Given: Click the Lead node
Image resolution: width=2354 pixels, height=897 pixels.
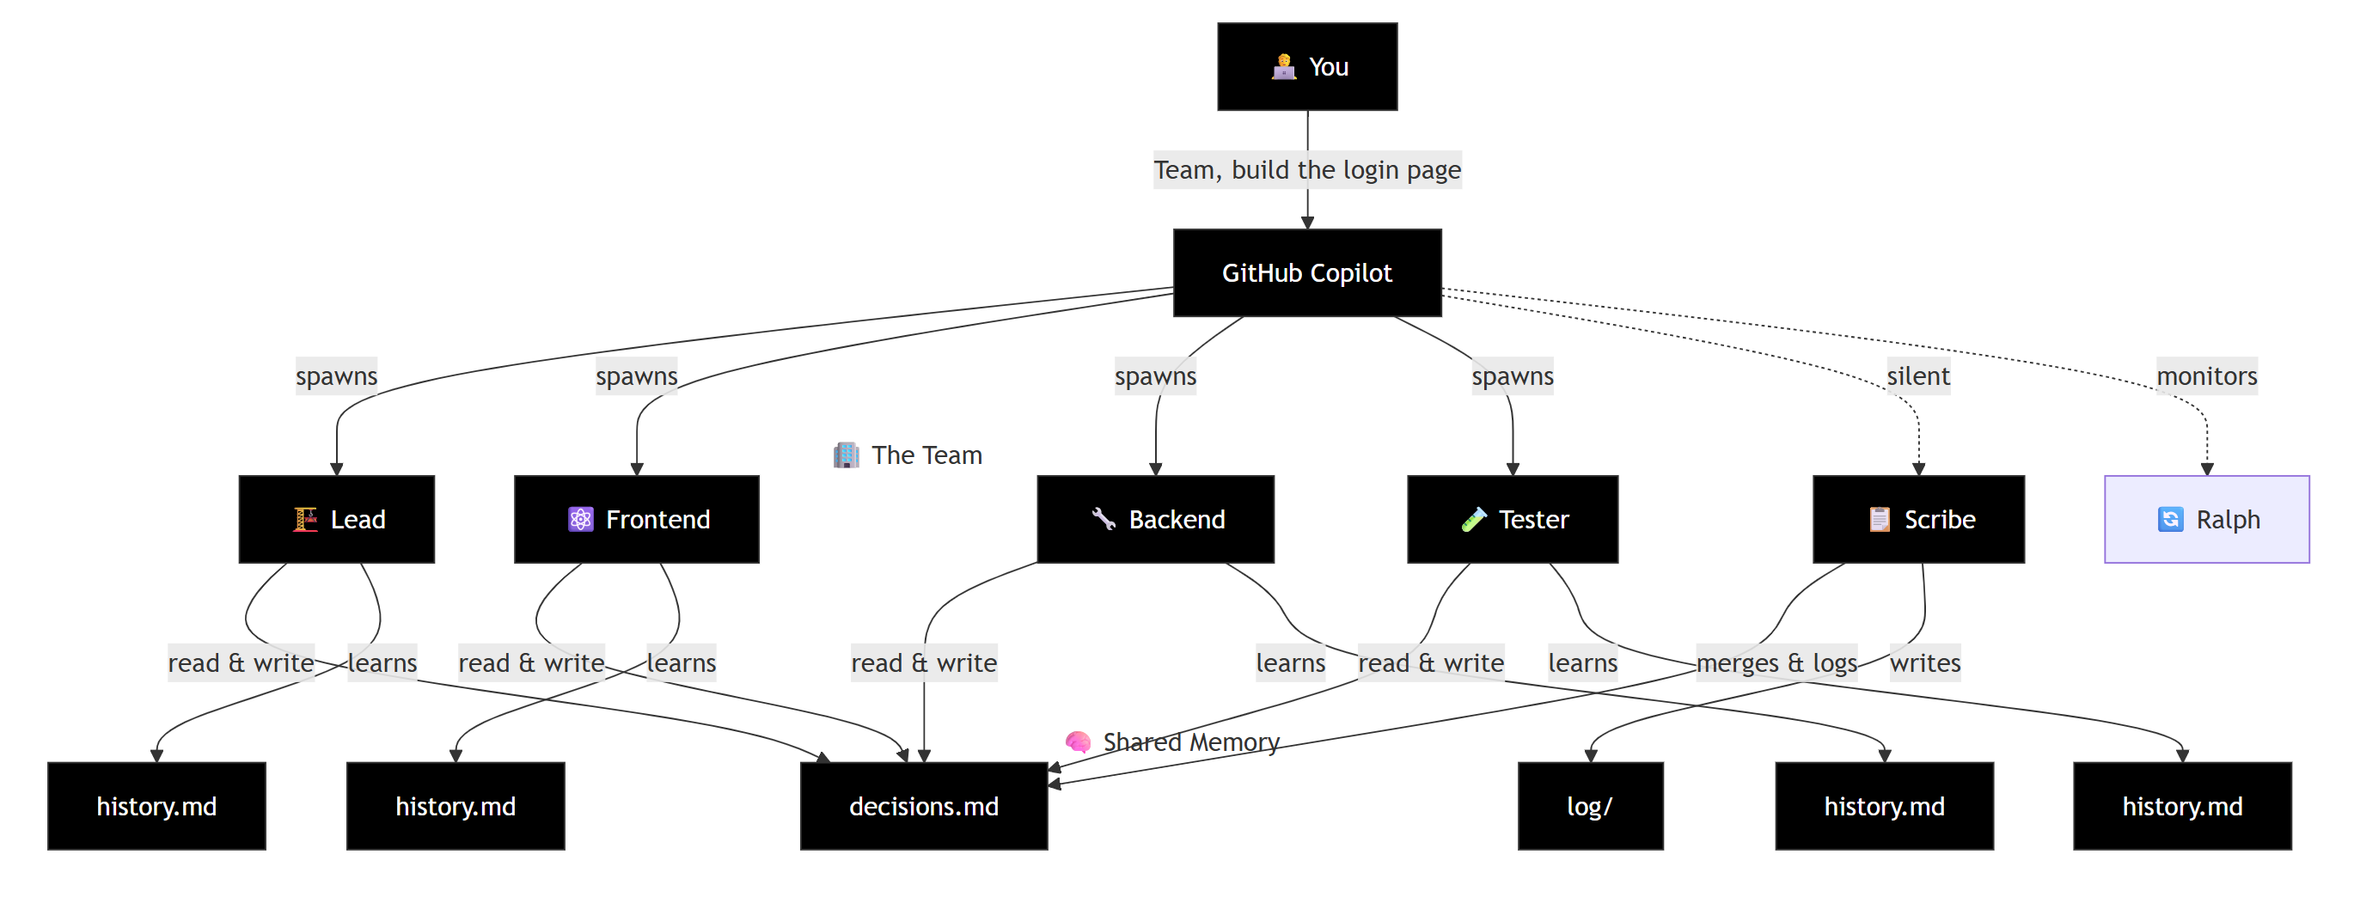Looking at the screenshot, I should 336,519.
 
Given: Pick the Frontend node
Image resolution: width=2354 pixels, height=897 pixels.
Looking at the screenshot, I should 636,519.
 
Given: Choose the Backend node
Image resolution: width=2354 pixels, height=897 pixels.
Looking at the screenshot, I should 1155,519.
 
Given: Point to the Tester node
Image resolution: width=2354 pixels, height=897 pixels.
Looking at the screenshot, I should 1513,519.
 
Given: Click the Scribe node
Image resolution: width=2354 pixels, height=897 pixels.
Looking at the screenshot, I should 1918,519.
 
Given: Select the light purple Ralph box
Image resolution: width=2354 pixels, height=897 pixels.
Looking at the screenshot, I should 2206,519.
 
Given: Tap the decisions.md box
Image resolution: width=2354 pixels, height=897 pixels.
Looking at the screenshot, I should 923,806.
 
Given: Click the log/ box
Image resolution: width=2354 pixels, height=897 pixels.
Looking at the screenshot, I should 1590,806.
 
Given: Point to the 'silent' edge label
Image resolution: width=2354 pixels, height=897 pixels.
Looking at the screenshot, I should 1918,375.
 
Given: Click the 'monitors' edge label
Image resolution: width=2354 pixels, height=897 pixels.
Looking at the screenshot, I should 2206,375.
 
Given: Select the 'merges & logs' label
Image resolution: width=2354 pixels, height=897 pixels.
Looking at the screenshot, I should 1776,662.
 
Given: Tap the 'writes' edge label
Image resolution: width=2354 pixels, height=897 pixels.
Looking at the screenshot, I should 1924,662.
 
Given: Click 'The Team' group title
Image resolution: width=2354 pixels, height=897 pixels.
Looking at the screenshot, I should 926,455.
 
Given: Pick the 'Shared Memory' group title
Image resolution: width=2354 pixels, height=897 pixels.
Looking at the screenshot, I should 1189,741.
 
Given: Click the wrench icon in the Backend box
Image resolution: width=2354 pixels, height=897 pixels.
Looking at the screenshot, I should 1104,519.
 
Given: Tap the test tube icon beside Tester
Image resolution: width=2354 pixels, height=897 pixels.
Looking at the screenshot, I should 1473,519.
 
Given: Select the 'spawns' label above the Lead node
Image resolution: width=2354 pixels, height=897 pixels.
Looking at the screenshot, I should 336,375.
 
